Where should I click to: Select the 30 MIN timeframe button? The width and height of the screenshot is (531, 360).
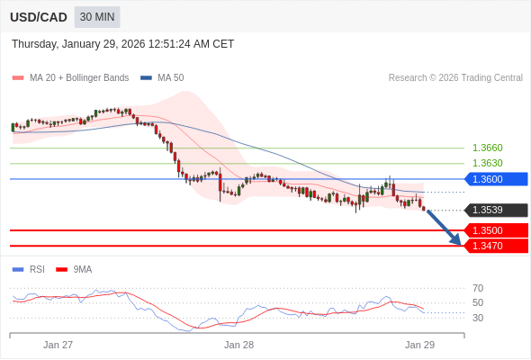click(96, 17)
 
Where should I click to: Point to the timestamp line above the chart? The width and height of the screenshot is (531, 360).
click(122, 43)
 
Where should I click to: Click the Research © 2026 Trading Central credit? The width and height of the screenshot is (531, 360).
click(455, 78)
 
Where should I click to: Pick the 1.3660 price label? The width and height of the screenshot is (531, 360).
click(487, 148)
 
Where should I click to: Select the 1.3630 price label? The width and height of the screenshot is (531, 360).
click(487, 163)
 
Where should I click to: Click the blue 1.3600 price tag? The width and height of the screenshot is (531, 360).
click(496, 179)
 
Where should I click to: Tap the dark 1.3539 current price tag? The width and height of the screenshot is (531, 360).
click(496, 211)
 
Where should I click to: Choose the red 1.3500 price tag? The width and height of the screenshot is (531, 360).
click(496, 230)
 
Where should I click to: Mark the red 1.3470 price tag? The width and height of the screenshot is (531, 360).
click(496, 246)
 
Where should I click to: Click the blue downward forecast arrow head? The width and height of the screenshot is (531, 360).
click(456, 240)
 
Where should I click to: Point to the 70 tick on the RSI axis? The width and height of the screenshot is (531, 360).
click(478, 288)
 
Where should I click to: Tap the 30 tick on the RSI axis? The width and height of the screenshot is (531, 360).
click(478, 318)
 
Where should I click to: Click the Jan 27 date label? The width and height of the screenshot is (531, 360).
click(58, 345)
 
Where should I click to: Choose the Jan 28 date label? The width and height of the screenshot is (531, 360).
click(238, 345)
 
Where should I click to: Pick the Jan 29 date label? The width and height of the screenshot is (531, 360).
click(419, 345)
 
